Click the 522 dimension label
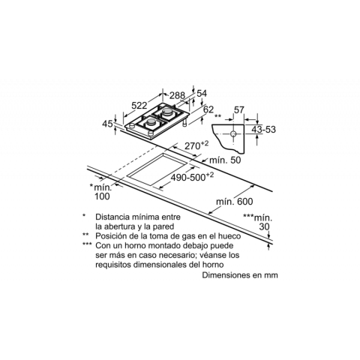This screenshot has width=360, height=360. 139,106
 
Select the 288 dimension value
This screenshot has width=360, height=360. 177,95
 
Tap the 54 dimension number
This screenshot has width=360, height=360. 202,94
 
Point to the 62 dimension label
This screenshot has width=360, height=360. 208,109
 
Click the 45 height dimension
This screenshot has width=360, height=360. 108,124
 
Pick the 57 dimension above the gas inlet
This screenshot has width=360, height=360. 239,109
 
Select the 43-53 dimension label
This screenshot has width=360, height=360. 263,130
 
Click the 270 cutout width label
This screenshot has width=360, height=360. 196,145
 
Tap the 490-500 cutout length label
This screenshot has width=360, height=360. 192,177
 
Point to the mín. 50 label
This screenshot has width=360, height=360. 225,160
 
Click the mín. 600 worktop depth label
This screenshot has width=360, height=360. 235,202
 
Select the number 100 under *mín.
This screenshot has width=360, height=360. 102,196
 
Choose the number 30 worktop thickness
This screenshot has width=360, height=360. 264,226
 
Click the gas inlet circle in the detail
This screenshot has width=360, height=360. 233,134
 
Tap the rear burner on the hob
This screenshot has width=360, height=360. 167,112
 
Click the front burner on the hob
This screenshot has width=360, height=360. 151,122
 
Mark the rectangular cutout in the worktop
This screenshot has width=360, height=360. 157,169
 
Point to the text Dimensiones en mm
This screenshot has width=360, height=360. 240,275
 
